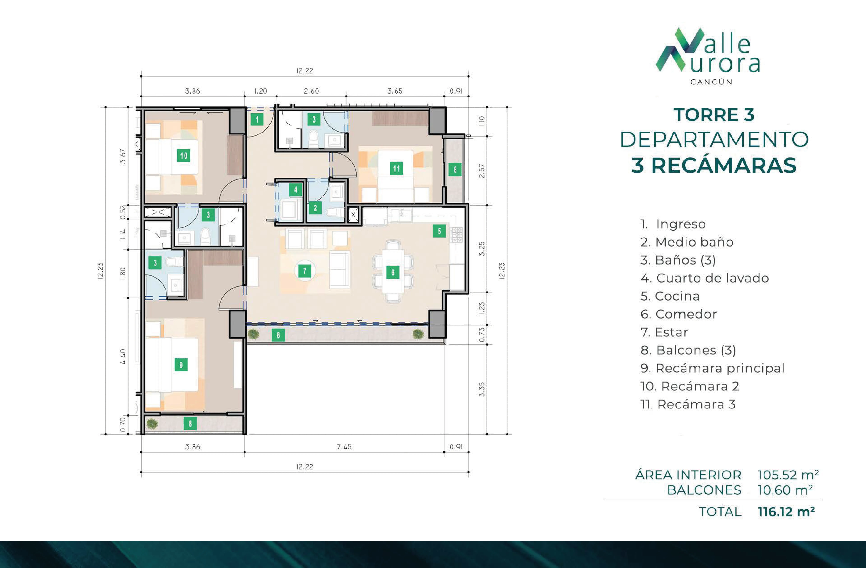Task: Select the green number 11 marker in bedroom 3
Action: point(396,168)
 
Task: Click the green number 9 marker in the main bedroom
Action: point(181,365)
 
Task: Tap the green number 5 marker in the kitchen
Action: point(439,231)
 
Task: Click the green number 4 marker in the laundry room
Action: point(295,189)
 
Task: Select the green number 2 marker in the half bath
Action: point(315,208)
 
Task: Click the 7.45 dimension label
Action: point(344,447)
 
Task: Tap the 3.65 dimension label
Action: point(395,91)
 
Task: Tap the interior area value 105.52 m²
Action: point(788,475)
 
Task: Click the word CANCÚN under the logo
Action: point(711,82)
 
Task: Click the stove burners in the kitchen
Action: point(457,235)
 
